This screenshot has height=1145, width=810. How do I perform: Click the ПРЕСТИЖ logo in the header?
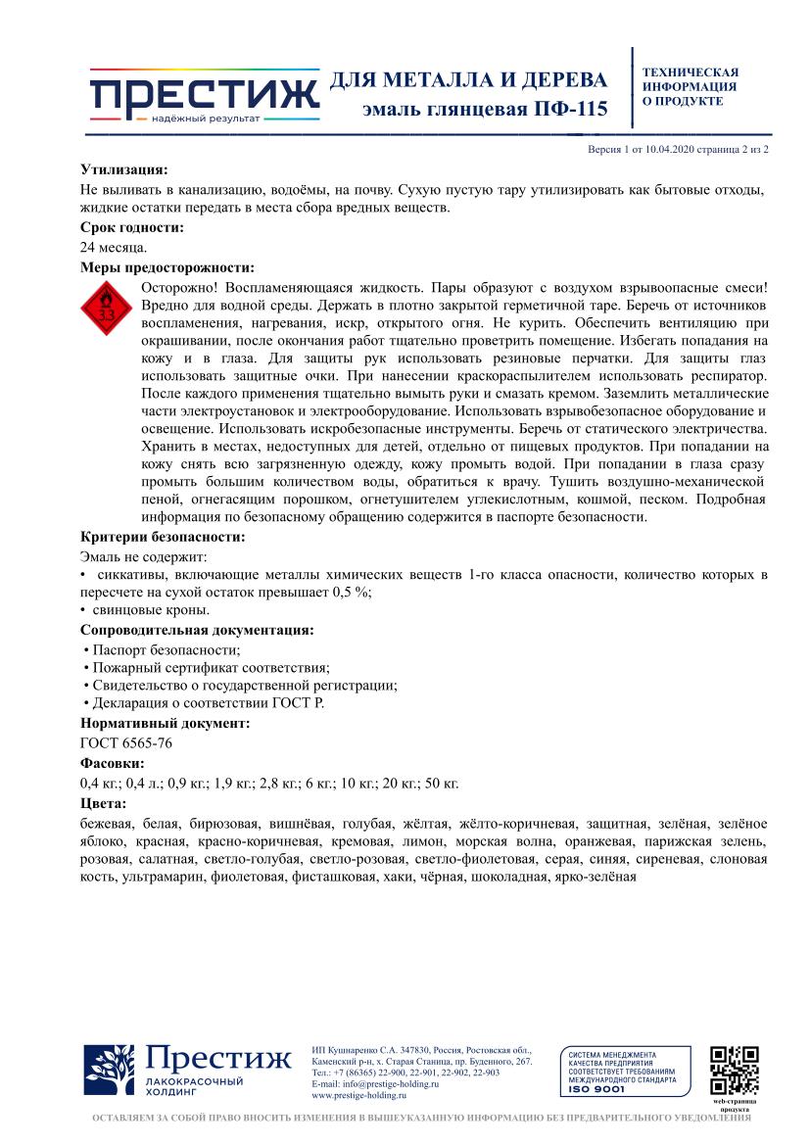[x=204, y=96]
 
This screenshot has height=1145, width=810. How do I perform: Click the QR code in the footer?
[x=734, y=1071]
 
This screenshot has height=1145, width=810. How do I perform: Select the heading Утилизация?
[x=124, y=169]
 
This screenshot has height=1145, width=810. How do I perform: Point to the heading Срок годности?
[x=132, y=228]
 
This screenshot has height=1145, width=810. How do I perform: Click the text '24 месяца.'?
[x=114, y=248]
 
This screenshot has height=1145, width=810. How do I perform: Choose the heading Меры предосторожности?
[x=167, y=267]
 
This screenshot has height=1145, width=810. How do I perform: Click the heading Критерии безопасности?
[x=163, y=537]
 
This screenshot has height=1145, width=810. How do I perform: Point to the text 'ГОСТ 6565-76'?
[x=126, y=743]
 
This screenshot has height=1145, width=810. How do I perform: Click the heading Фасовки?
[x=113, y=763]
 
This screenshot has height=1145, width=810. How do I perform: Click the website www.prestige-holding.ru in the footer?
[x=357, y=1095]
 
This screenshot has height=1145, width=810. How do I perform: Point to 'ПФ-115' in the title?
[x=568, y=108]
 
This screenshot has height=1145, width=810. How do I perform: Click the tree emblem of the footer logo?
[x=109, y=1071]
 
